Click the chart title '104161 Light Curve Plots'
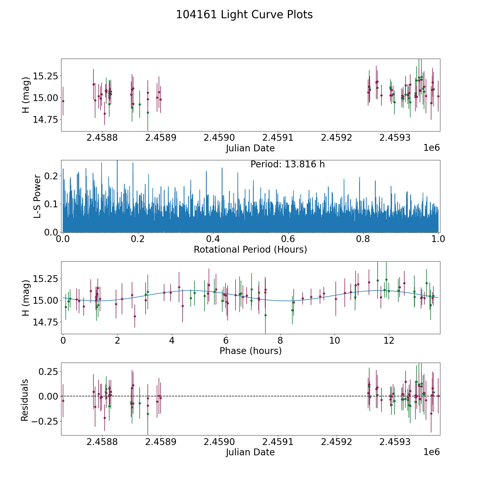[x=244, y=15]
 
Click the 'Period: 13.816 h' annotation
[x=287, y=164]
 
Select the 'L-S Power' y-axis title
[x=37, y=196]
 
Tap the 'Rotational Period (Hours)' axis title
[x=250, y=249]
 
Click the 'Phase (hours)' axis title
[x=250, y=351]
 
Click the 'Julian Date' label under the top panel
[x=250, y=148]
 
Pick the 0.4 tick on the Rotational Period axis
[x=213, y=239]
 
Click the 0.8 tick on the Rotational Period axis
[x=363, y=239]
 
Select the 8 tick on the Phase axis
[x=280, y=341]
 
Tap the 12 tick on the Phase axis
[x=389, y=341]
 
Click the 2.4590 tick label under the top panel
[x=219, y=138]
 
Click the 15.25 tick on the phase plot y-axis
[x=45, y=279]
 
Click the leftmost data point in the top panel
[x=63, y=101]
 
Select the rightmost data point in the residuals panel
[x=438, y=396]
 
